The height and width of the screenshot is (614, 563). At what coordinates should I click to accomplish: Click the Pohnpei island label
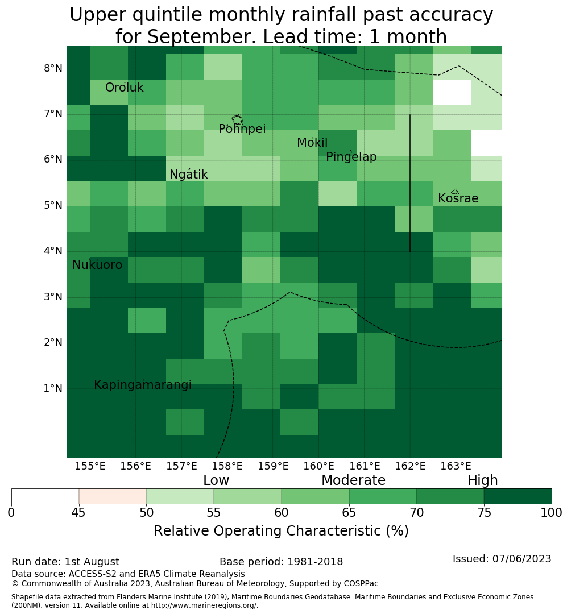coord(242,129)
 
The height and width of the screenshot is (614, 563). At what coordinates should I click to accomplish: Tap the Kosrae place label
coord(458,198)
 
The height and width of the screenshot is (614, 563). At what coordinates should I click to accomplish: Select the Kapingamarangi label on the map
coord(143,385)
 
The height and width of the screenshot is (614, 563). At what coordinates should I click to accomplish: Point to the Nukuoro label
coord(97,265)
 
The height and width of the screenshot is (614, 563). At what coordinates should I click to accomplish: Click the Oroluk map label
coord(124,88)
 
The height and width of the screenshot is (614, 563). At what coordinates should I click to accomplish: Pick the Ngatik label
coord(188,175)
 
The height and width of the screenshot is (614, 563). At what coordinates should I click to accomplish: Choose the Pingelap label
coord(351,157)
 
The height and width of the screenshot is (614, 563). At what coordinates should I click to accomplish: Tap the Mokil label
coord(312,143)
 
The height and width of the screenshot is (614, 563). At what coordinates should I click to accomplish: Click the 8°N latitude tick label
coord(53,69)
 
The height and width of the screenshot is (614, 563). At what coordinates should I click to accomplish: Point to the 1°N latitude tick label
coord(53,388)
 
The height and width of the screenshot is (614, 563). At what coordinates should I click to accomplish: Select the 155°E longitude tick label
coord(90,466)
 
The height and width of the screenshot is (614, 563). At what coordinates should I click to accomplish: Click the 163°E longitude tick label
coord(456,466)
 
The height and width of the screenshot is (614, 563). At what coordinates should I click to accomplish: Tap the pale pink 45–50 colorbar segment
coord(113,496)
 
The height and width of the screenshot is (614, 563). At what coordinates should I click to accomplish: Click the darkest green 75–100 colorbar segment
coord(518,496)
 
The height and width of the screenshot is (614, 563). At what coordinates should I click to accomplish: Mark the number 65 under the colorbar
coord(349,513)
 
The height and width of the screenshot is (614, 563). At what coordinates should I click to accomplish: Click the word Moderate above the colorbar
coord(353,480)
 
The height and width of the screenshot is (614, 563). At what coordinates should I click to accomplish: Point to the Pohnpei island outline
coord(237,119)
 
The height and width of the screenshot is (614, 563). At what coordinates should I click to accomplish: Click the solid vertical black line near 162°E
coord(410,183)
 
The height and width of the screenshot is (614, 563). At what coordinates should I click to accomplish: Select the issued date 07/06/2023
coord(521,559)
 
